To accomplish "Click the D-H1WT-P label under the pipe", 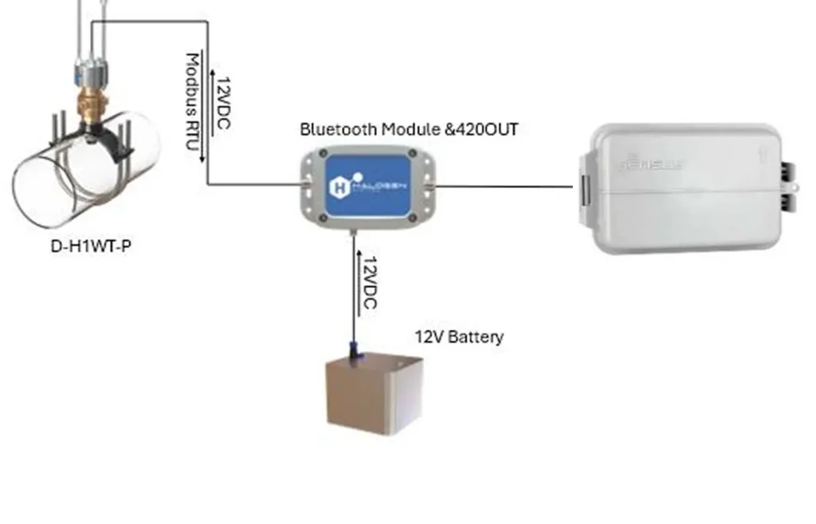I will [90, 245].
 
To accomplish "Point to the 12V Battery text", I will [458, 337].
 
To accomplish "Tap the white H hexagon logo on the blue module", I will [337, 188].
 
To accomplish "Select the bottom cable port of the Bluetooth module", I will [354, 232].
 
